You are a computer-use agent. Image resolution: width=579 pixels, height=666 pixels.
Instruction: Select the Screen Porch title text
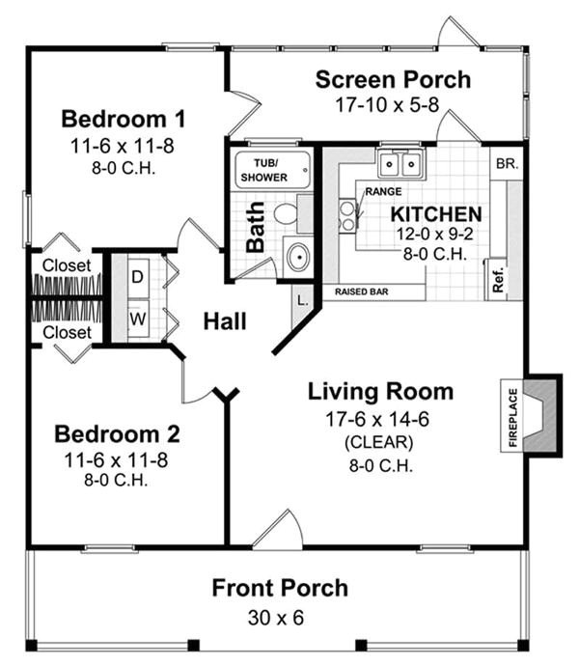(393, 79)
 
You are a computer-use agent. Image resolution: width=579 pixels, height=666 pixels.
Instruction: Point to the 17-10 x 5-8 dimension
(393, 104)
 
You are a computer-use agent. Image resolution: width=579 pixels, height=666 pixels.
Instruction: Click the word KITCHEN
(437, 213)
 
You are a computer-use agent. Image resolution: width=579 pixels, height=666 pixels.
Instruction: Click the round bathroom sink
(298, 258)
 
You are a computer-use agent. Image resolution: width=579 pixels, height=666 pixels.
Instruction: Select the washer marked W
(137, 317)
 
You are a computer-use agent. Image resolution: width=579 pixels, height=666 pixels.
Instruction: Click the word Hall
(224, 321)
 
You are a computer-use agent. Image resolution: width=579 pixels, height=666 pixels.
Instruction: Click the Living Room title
(380, 391)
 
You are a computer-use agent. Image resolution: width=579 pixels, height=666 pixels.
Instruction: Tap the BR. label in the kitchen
(506, 164)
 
